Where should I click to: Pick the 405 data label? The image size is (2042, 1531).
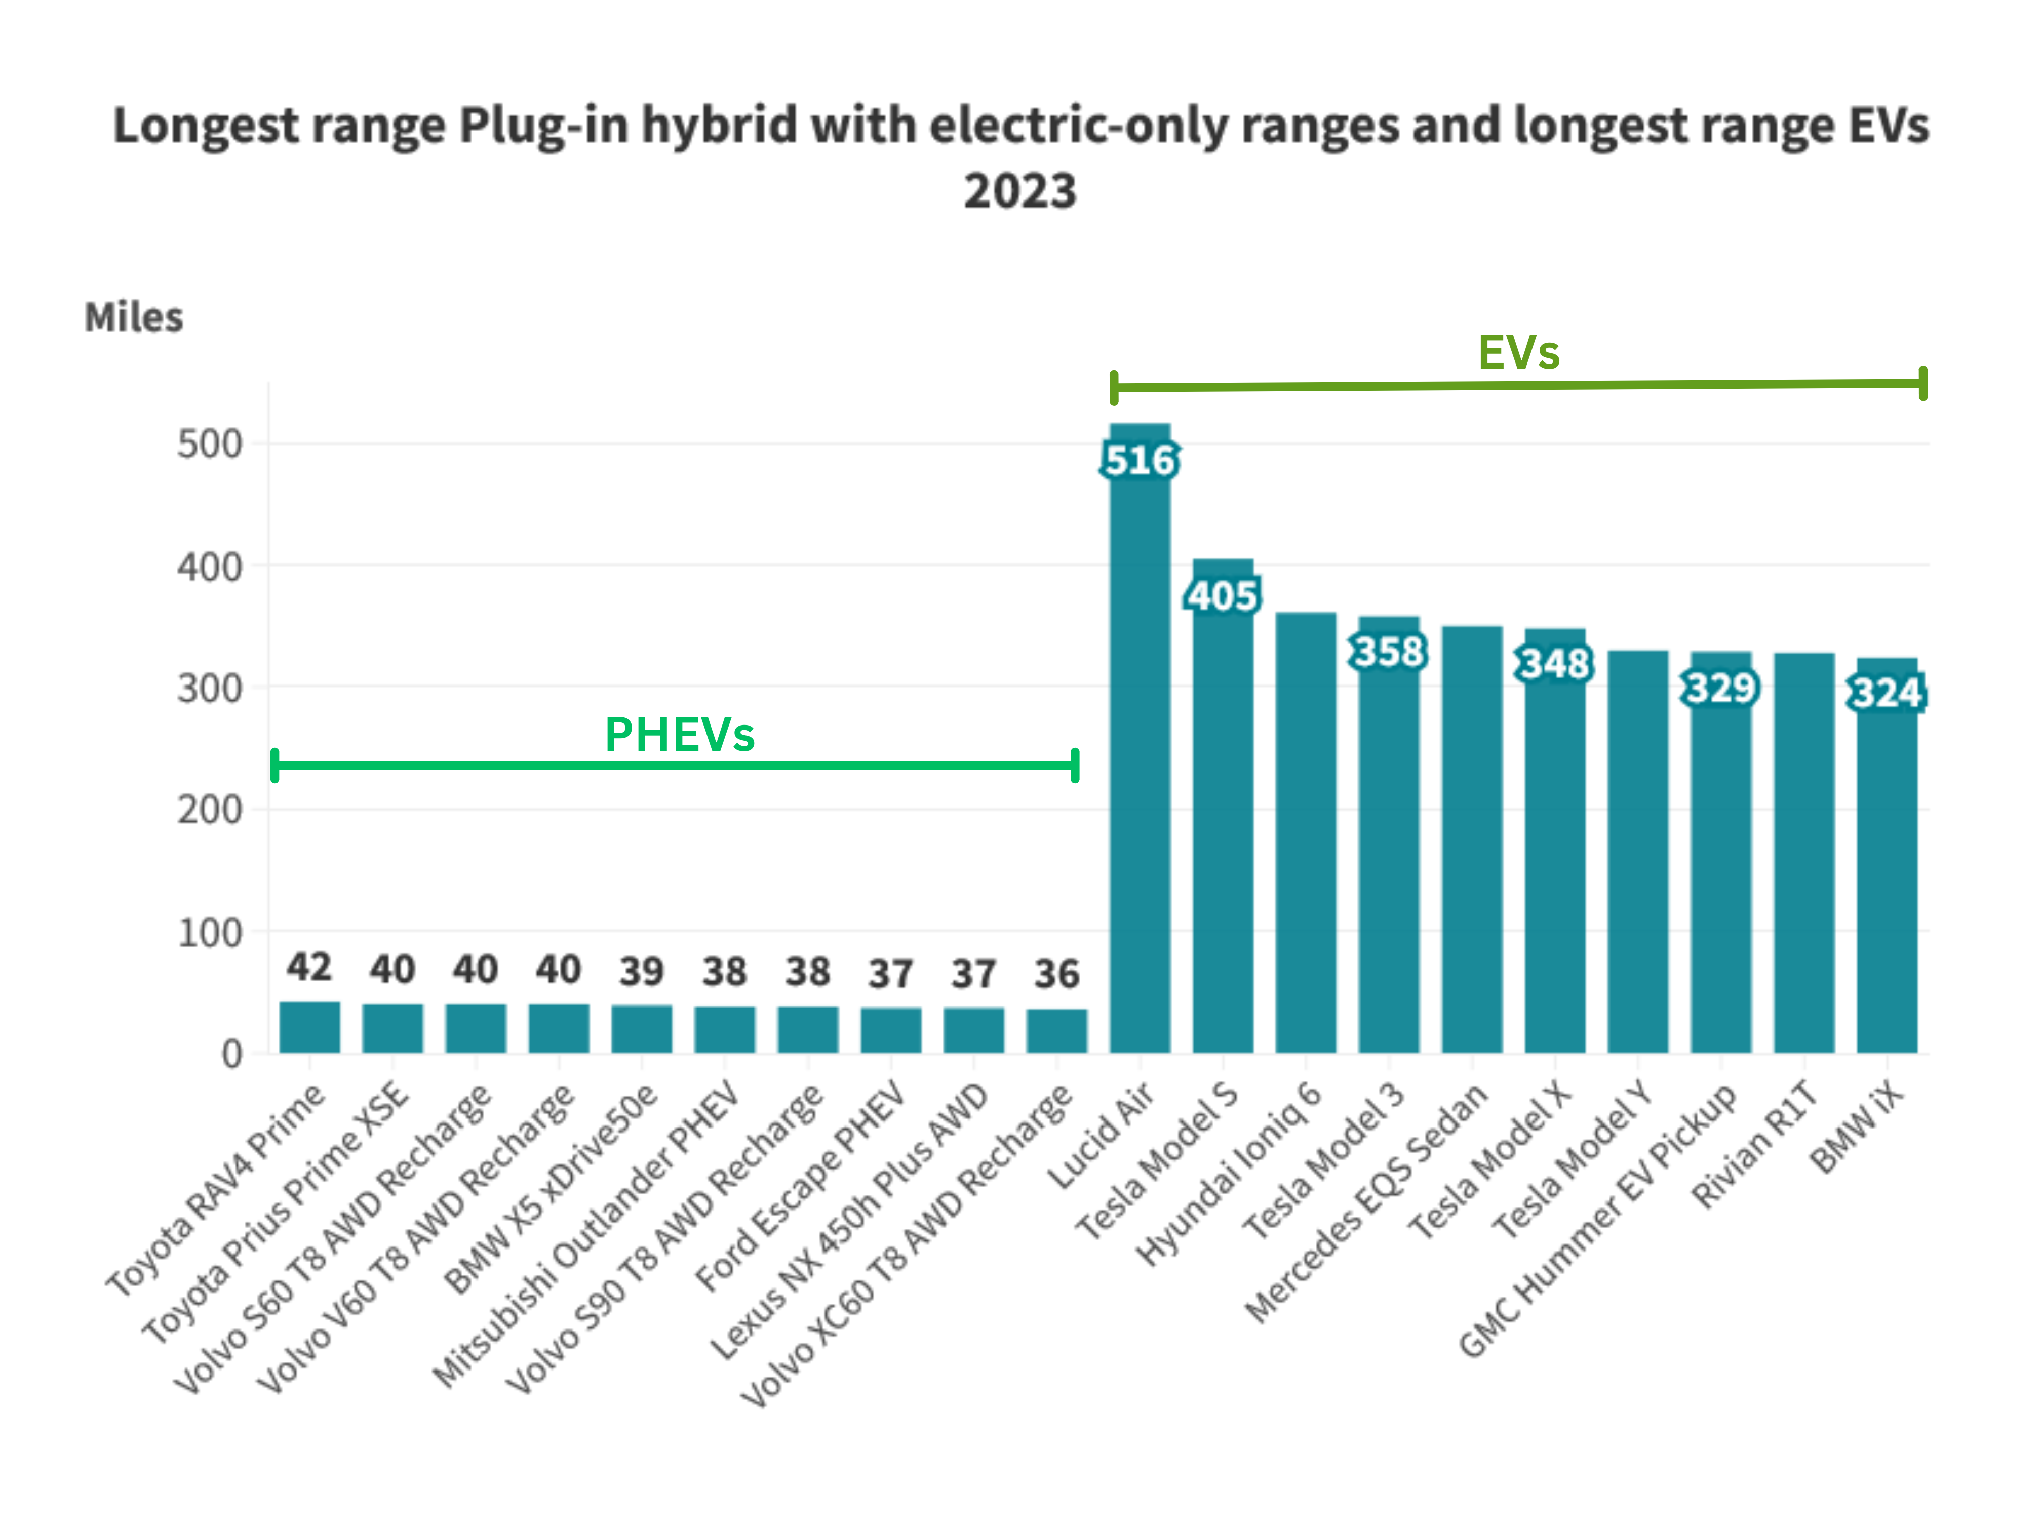coord(1222,595)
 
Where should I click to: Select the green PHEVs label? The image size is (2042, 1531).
coord(680,735)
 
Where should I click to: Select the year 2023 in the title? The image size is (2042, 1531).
coord(1020,191)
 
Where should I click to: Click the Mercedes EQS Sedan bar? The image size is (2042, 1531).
coord(1472,840)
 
